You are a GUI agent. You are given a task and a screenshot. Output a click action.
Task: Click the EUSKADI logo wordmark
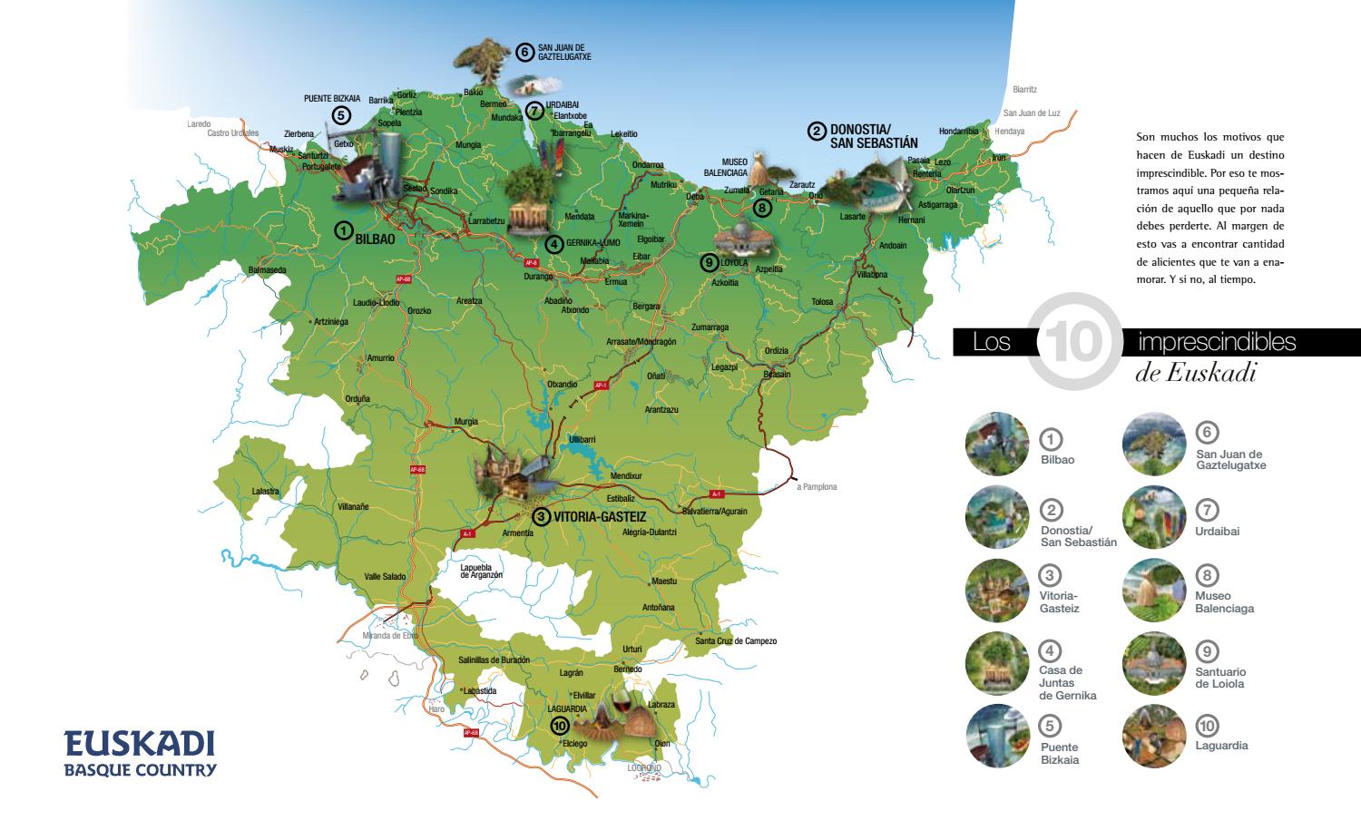[140, 744]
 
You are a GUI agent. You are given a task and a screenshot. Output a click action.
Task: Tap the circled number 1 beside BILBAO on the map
[343, 230]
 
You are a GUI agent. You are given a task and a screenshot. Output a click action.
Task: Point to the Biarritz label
[1024, 90]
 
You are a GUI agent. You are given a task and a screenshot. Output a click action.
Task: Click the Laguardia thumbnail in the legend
[1153, 736]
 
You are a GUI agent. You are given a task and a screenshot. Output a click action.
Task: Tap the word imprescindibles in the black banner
[1217, 342]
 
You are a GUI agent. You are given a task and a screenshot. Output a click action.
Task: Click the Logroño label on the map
[644, 768]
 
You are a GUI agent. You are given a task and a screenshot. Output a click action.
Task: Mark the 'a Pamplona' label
[817, 487]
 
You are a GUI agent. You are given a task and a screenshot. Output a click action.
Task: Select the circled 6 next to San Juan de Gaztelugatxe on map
[524, 52]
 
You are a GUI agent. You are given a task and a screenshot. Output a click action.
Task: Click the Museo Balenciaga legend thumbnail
[1153, 591]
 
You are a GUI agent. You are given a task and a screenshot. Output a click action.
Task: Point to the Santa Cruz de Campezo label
[736, 641]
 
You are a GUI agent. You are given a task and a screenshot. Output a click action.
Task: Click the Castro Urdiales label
[232, 133]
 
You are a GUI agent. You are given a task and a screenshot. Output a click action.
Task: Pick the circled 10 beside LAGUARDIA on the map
[559, 726]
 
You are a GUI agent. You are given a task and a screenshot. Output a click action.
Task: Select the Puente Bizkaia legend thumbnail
[997, 736]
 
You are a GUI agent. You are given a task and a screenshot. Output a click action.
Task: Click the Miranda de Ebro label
[389, 636]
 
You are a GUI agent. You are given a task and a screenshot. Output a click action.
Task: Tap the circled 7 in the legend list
[1207, 511]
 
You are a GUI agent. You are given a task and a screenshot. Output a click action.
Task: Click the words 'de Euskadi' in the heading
[1195, 373]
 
